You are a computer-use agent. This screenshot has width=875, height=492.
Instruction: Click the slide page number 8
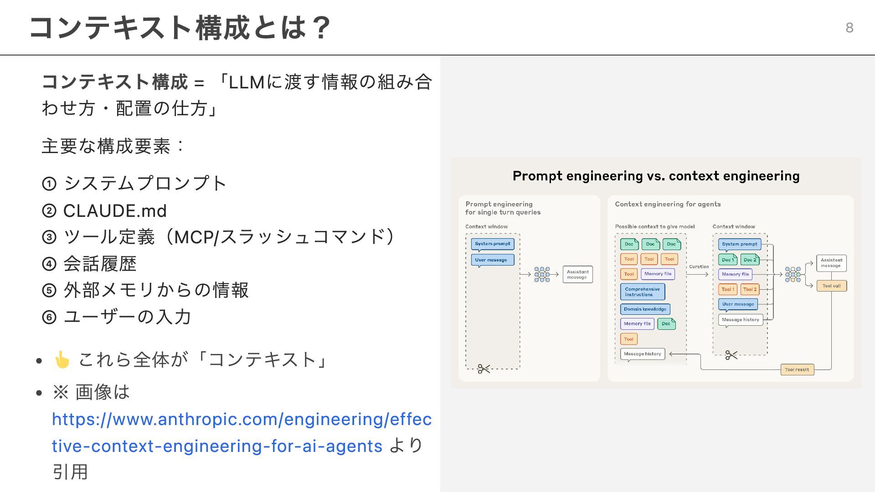[849, 28]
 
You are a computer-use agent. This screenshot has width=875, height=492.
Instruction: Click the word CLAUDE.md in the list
[115, 211]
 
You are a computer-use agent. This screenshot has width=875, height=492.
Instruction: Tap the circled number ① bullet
[49, 184]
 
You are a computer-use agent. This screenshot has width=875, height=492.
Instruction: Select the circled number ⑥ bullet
[49, 317]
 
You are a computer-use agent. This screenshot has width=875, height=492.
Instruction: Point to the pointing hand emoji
[62, 360]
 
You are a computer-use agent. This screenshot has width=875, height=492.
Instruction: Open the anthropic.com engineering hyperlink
[242, 420]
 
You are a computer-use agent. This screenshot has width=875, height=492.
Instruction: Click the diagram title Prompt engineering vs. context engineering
[656, 176]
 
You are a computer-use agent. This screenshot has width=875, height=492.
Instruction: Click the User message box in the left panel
[492, 260]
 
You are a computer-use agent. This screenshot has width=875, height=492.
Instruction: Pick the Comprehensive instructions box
[642, 292]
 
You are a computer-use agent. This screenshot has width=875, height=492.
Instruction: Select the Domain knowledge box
[645, 309]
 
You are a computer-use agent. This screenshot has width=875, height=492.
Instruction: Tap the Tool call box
[831, 286]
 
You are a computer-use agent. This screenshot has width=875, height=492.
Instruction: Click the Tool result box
[797, 370]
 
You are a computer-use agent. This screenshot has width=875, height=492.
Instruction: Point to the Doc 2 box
[750, 260]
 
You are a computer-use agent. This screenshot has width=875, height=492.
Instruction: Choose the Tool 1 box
[727, 289]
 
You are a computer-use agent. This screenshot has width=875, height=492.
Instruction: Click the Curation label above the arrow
[699, 267]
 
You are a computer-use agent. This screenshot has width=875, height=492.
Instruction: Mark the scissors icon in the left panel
[484, 369]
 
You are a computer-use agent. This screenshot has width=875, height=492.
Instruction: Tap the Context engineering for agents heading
[668, 204]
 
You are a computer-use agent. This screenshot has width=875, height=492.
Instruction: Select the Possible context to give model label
[654, 226]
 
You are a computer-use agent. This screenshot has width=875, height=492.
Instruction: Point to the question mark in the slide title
[322, 28]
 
